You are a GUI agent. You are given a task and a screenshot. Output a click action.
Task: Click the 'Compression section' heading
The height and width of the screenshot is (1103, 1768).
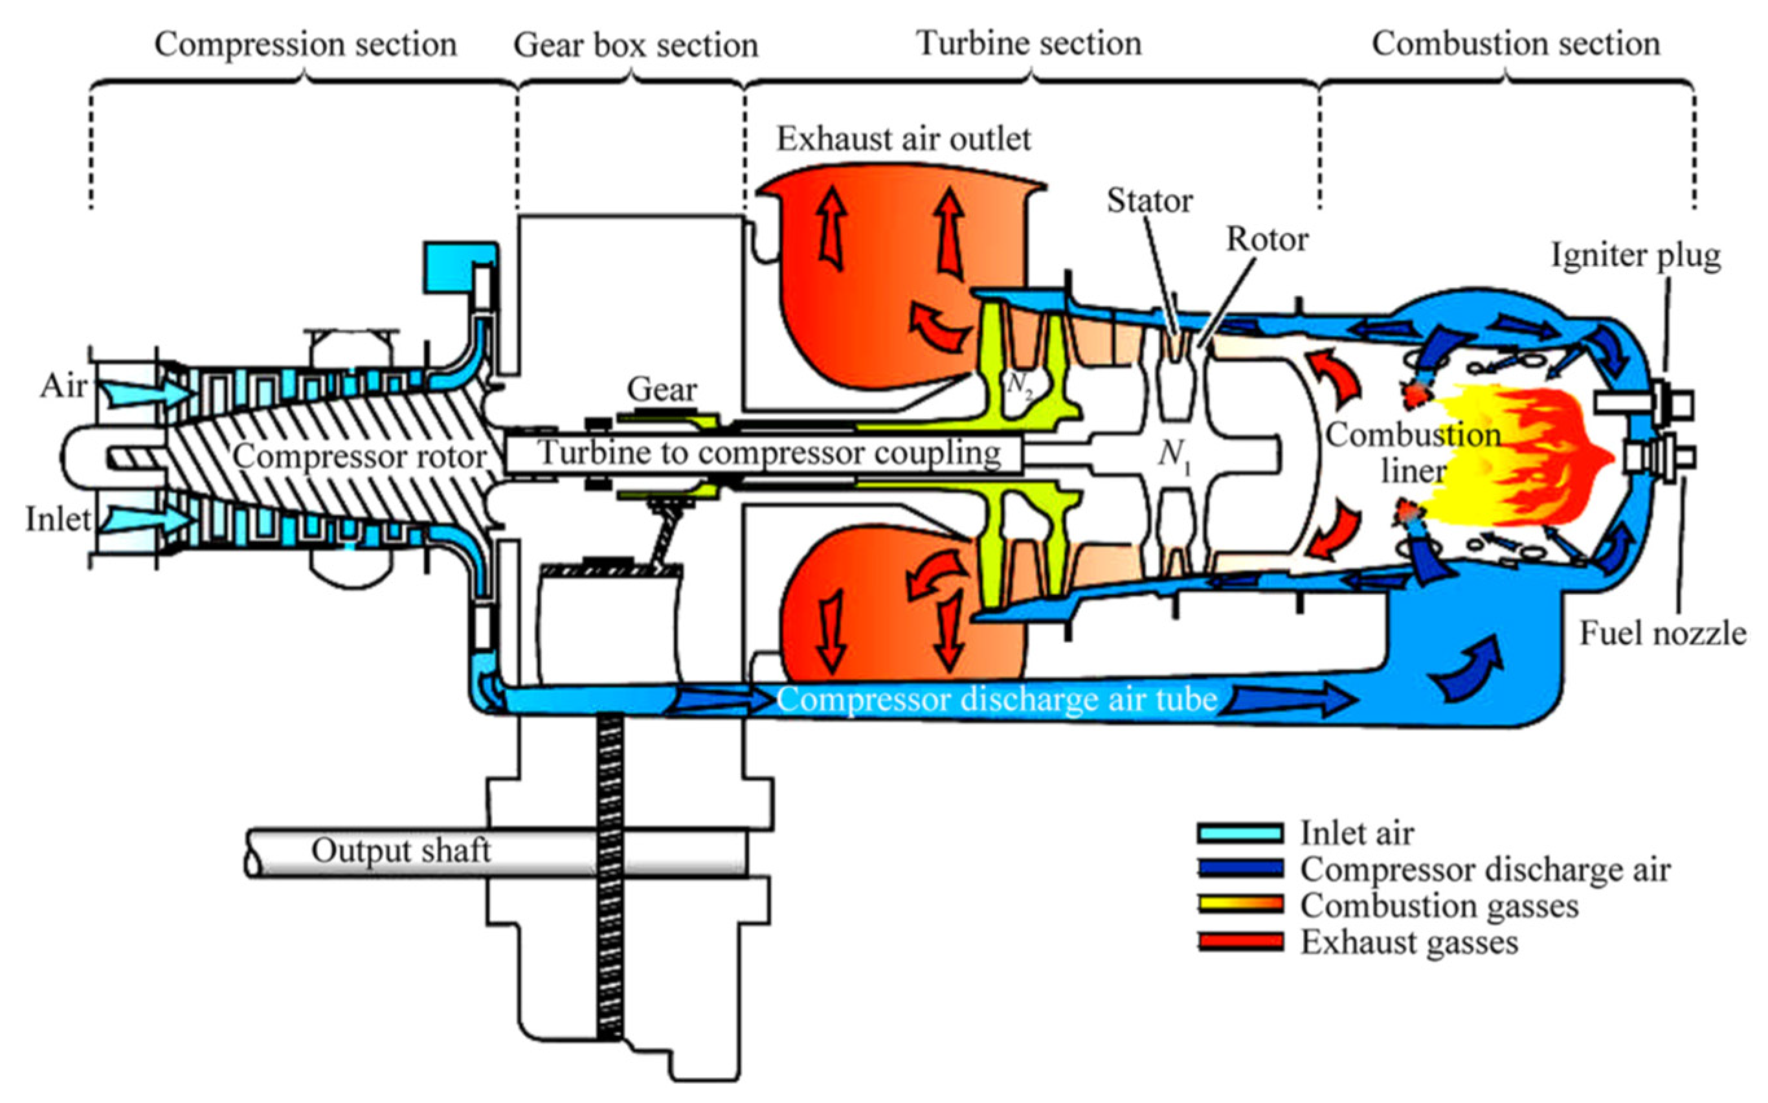(305, 45)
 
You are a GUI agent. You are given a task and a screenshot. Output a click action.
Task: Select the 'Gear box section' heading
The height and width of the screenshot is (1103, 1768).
(635, 45)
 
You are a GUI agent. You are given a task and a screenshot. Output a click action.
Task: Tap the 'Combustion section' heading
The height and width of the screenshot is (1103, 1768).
(1516, 44)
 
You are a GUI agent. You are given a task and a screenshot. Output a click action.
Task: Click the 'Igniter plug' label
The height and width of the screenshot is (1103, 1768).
(1635, 255)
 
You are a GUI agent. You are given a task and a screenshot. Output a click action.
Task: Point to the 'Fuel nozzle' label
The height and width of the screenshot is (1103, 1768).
(1662, 633)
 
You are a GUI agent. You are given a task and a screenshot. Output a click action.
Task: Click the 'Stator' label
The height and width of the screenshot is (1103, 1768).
(1150, 201)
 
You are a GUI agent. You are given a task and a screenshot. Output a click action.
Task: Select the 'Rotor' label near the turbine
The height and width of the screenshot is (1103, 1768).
(1267, 240)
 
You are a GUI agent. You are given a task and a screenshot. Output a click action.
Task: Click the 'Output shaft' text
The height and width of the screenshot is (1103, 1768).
(401, 851)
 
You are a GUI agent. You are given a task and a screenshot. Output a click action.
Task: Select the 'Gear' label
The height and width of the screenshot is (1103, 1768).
(662, 390)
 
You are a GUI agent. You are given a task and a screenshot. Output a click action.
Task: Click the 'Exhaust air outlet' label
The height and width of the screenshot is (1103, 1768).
(903, 139)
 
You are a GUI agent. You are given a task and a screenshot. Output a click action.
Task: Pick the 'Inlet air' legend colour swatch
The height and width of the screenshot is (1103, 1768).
(1240, 832)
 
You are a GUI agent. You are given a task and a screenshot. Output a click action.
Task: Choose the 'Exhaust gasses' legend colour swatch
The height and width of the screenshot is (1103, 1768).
(1240, 942)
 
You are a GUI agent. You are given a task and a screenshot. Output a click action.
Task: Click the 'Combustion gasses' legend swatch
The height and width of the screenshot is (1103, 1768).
(1240, 906)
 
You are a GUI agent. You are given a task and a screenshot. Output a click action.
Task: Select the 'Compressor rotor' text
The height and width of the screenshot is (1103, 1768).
(359, 458)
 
